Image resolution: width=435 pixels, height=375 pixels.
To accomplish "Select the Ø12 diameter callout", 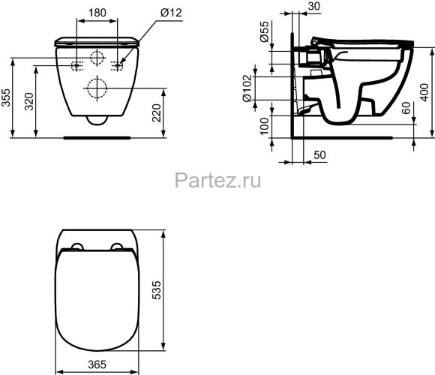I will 169,12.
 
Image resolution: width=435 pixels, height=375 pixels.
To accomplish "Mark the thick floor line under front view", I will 96,137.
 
